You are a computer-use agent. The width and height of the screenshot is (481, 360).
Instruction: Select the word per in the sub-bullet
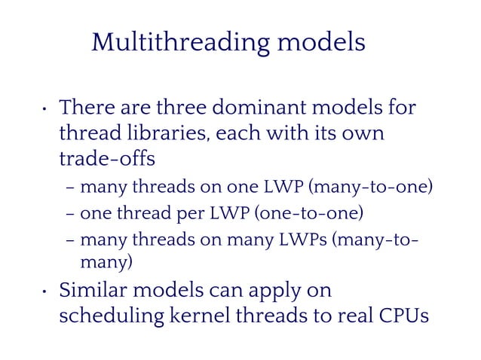tap(178, 215)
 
